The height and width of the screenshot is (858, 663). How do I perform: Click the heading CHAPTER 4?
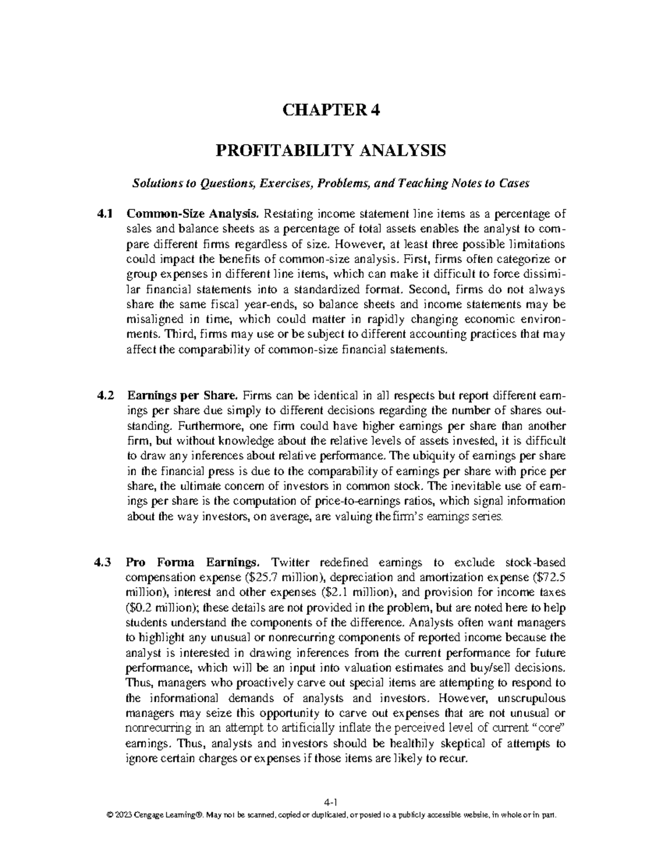pos(331,110)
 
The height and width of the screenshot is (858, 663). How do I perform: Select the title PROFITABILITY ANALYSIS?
pos(330,150)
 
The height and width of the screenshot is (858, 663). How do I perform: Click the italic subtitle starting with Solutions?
pos(330,184)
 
